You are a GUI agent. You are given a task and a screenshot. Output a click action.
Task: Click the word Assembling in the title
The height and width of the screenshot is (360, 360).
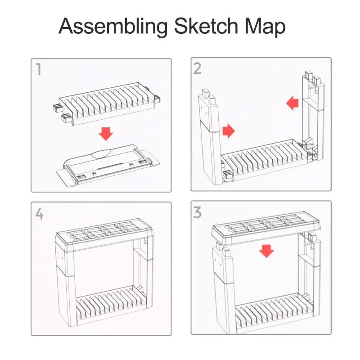click(113, 27)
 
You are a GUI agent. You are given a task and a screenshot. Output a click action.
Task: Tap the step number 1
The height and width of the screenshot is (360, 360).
click(39, 69)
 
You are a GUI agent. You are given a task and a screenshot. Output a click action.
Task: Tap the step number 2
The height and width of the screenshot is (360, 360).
click(198, 68)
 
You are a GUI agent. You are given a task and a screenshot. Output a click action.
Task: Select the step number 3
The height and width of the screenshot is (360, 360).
click(198, 212)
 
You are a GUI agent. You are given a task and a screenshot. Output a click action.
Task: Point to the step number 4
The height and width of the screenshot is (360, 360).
click(39, 214)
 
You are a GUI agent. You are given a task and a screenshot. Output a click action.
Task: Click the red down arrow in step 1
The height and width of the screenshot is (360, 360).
click(106, 134)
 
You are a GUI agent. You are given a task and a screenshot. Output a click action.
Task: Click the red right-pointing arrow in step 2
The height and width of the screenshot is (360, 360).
click(229, 131)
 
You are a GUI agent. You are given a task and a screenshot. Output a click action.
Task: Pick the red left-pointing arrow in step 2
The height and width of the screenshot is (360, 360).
click(292, 103)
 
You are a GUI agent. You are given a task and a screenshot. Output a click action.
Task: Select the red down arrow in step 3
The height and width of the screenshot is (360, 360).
click(266, 251)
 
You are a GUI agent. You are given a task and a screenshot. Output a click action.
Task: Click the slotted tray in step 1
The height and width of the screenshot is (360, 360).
click(106, 104)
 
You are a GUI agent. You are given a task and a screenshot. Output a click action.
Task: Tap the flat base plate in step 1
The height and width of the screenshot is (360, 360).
click(108, 166)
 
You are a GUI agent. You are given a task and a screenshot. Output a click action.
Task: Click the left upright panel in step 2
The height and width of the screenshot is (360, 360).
click(211, 138)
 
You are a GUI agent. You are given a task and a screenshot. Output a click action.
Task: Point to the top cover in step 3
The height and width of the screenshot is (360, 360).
click(266, 229)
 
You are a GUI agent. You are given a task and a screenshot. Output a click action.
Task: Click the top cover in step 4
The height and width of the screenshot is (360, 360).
click(105, 234)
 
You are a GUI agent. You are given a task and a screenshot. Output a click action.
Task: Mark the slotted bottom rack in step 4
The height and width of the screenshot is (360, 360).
click(111, 305)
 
